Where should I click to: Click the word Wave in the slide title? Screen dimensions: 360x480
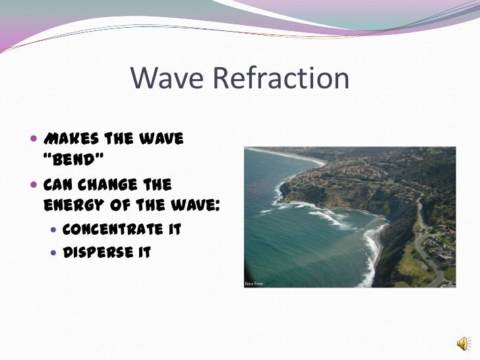tap(168, 78)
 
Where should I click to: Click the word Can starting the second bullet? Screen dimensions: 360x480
tap(57, 184)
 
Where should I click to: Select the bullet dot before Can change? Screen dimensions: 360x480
tap(34, 185)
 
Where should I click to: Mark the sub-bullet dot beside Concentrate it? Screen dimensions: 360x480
tap(53, 229)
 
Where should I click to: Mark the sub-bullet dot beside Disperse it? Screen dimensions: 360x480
tap(53, 252)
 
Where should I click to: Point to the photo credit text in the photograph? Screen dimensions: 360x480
tap(255, 284)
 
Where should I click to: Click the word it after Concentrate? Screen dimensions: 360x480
tap(173, 229)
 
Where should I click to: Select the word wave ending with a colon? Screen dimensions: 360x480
tap(195, 205)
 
